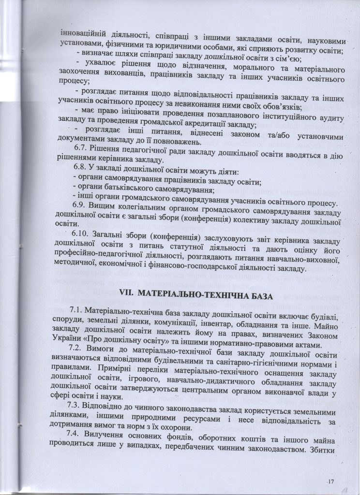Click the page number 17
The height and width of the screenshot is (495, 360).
pyautogui.click(x=331, y=482)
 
